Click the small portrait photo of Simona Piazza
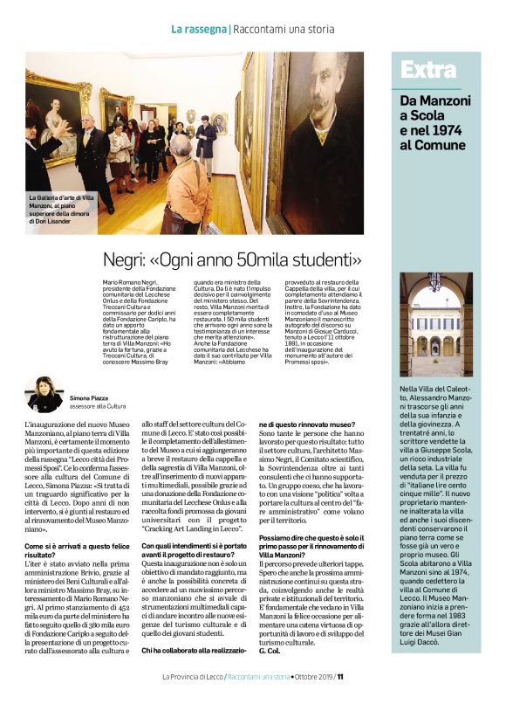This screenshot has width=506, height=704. pos(44,395)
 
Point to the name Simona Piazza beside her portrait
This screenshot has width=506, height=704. pos(90,397)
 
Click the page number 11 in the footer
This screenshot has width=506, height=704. pos(341,675)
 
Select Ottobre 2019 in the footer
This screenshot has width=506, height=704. pos(311,675)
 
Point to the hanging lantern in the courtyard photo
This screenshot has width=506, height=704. pos(434,284)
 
